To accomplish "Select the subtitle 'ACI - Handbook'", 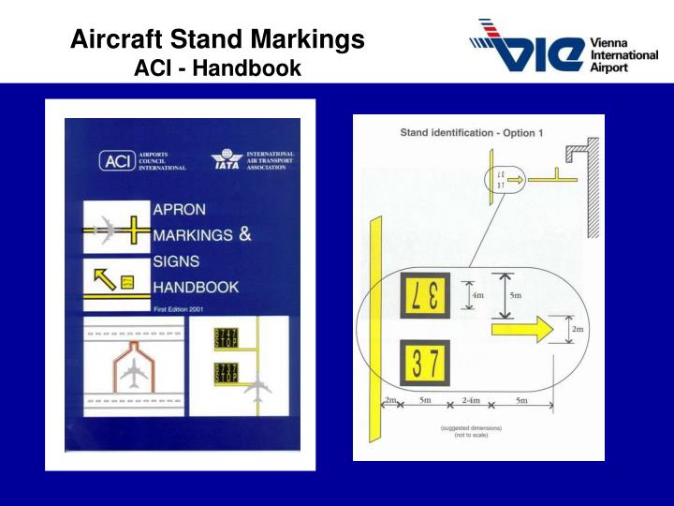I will point(218,68).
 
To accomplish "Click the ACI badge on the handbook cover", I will point(116,161).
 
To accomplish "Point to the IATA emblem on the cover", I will point(227,160).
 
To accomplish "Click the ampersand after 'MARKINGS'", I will point(245,234).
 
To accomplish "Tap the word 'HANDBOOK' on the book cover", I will point(196,287).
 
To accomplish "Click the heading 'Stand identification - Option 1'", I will point(471,133).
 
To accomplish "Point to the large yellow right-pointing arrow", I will point(520,329).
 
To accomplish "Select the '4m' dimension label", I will point(477,296).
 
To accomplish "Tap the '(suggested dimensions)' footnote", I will point(471,428).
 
